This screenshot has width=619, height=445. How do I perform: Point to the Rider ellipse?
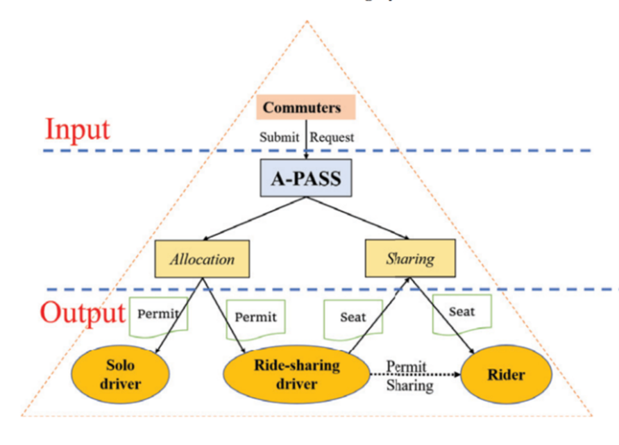click(x=507, y=375)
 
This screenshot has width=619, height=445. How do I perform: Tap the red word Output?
click(x=81, y=312)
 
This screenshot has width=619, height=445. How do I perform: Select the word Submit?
click(x=280, y=137)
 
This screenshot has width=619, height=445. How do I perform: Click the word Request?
click(x=332, y=137)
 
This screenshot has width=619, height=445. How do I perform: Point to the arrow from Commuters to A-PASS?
click(x=306, y=142)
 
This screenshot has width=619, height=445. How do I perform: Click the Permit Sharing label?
click(x=409, y=376)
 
